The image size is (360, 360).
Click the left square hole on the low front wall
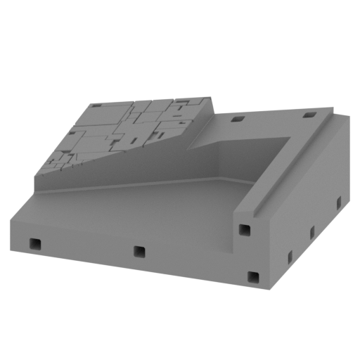[x=34, y=244]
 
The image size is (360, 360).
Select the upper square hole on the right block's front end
[x=244, y=230]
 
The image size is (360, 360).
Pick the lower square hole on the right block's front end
[x=253, y=277]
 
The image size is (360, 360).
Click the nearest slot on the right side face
[x=289, y=257]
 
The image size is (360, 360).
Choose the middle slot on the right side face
[x=312, y=232]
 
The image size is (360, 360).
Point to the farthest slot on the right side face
[x=338, y=203]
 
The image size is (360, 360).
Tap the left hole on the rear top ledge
[x=238, y=119]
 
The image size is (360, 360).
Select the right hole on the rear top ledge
[x=307, y=115]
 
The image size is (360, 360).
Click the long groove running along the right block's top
[x=295, y=165]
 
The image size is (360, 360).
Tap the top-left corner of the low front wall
[x=11, y=220]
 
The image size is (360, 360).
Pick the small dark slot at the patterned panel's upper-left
[x=96, y=105]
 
